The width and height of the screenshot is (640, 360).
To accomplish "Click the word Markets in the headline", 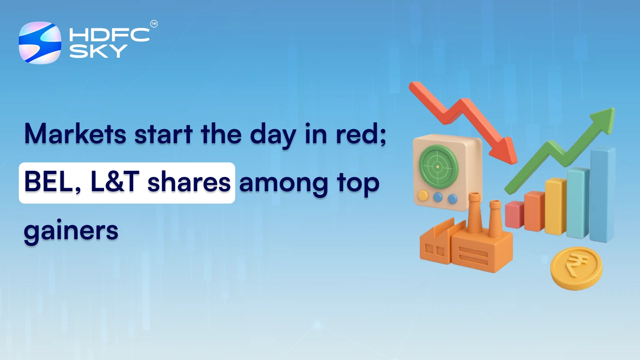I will click(x=75, y=134).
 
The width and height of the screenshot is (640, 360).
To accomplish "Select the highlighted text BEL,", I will click(x=52, y=182).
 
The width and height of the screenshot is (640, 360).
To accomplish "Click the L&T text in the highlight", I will click(x=115, y=182).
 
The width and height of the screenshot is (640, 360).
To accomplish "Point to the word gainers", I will click(x=71, y=231).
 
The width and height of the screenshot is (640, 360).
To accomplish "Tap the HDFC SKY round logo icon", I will click(x=40, y=43).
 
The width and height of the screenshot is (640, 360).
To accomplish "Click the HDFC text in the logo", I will click(x=109, y=35).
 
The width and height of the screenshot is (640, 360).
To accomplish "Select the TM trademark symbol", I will click(x=154, y=24).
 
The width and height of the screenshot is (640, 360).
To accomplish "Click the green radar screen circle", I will click(x=438, y=166).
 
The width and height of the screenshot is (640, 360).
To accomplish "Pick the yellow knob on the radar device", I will click(x=423, y=196).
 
